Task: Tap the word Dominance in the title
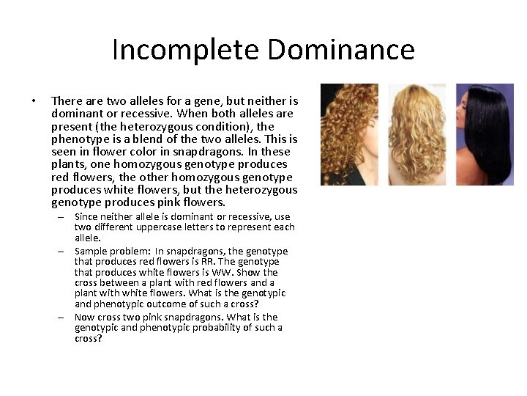pyautogui.click(x=341, y=50)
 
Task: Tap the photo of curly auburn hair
pyautogui.click(x=349, y=134)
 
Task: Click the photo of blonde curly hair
pyautogui.click(x=416, y=134)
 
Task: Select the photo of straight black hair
pyautogui.click(x=485, y=134)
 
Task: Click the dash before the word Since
pyautogui.click(x=64, y=217)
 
